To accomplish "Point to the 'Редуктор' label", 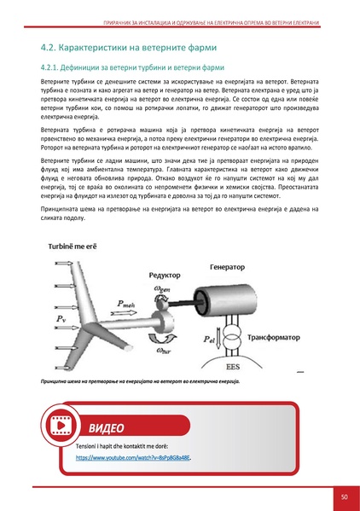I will point(165,275).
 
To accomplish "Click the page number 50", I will point(343,496).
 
